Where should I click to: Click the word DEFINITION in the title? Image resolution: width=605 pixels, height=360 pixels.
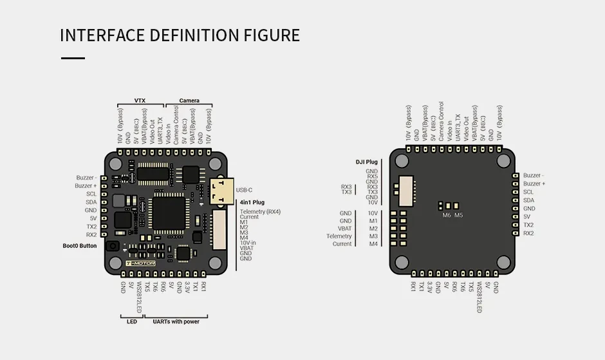190,35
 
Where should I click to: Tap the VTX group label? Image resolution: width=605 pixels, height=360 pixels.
140,101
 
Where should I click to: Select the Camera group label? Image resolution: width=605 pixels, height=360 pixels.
189,101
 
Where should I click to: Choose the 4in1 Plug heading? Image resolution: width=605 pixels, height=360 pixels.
252,202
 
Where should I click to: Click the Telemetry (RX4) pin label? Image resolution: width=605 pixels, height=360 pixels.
260,212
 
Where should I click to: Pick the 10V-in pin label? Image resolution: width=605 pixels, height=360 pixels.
248,243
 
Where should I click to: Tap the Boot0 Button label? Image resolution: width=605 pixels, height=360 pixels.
80,246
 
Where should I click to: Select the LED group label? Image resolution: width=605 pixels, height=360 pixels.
132,321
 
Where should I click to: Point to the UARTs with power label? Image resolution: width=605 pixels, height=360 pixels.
176,321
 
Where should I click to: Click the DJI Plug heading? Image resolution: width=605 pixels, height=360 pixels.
367,162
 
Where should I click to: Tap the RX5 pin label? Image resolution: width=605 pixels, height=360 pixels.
372,176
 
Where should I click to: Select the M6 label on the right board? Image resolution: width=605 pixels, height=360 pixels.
447,215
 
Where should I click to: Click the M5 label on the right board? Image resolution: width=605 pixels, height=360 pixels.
458,215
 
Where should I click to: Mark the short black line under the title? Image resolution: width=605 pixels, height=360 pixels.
73,58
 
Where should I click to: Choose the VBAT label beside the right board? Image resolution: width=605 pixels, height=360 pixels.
345,229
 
